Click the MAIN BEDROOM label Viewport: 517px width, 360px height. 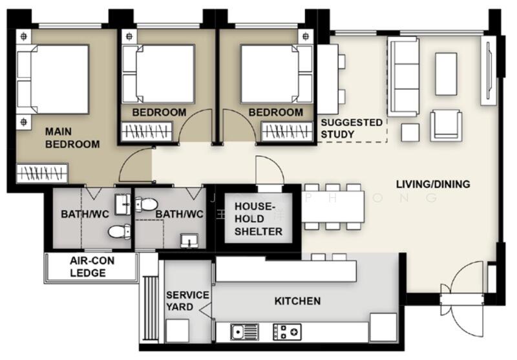[72, 138]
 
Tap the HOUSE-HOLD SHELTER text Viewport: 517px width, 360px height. [258, 219]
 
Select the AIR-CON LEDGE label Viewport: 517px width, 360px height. [90, 266]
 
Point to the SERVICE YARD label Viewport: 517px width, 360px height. [187, 301]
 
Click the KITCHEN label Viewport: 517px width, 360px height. [297, 301]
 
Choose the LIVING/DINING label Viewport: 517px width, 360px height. [432, 184]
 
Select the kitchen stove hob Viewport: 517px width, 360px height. [287, 332]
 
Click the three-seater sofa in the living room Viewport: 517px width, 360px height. [403, 68]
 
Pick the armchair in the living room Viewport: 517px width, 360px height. [446, 125]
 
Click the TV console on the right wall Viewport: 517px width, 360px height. [488, 70]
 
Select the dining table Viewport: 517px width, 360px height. [334, 207]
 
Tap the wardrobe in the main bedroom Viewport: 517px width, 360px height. [42, 173]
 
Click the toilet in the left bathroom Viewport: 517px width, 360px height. [118, 231]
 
